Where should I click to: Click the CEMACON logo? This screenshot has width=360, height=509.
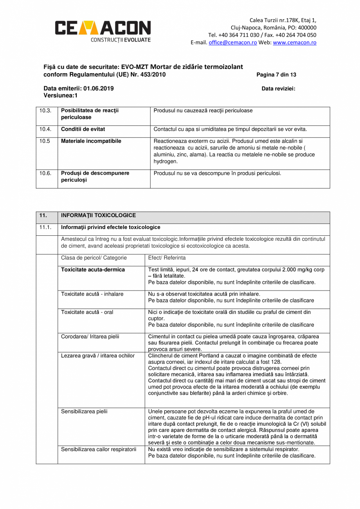pos(102,30)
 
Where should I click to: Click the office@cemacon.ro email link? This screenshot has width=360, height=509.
pos(232,43)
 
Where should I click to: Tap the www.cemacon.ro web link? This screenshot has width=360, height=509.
pos(294,43)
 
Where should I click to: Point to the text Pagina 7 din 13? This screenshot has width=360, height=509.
pos(276,74)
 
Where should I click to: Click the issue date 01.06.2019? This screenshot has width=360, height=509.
pos(98,88)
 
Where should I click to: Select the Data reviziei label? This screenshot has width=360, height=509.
pos(278,88)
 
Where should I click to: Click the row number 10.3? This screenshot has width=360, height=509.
pos(45,111)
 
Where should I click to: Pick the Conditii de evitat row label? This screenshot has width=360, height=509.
pos(83,129)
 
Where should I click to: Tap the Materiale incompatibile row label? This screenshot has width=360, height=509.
pos(91,141)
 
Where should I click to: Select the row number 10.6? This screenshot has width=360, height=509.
pos(45,173)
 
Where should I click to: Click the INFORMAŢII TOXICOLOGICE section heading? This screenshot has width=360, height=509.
pos(99,216)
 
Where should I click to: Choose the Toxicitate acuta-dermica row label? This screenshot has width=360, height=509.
pos(93,270)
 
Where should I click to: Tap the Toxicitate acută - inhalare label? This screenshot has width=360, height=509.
pos(92,294)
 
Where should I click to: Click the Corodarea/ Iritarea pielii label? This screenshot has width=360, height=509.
pos(90,336)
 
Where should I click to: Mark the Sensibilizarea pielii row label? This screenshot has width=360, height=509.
pos(84,412)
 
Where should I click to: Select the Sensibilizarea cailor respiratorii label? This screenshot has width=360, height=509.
pos(99,449)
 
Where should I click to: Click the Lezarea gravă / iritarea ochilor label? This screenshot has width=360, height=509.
pos(98,356)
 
